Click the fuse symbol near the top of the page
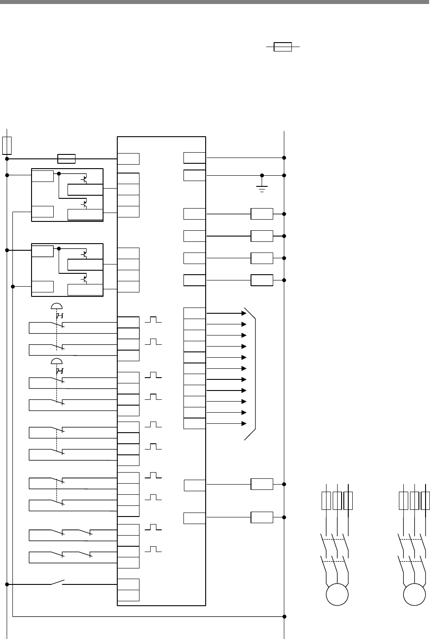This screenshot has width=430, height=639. (283, 47)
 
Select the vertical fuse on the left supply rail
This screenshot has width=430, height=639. (7, 145)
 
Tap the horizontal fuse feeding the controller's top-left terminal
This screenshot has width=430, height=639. (67, 158)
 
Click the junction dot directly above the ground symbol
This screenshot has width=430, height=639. (262, 175)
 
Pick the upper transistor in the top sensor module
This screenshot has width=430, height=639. (84, 180)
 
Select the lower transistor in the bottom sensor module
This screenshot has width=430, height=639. (84, 280)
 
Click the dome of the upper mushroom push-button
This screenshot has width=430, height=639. (56, 306)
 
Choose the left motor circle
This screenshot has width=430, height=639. (337, 595)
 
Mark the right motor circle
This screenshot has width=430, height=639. (414, 595)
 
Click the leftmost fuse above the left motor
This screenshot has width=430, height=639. (326, 500)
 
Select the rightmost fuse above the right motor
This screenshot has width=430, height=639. (426, 500)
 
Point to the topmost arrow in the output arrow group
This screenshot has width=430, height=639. (243, 313)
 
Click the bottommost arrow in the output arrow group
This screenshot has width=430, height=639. (243, 424)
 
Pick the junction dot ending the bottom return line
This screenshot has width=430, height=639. (284, 616)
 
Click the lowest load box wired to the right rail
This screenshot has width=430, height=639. (262, 517)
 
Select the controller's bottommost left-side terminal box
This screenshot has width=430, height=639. (128, 596)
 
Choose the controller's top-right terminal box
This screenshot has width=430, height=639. (195, 158)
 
